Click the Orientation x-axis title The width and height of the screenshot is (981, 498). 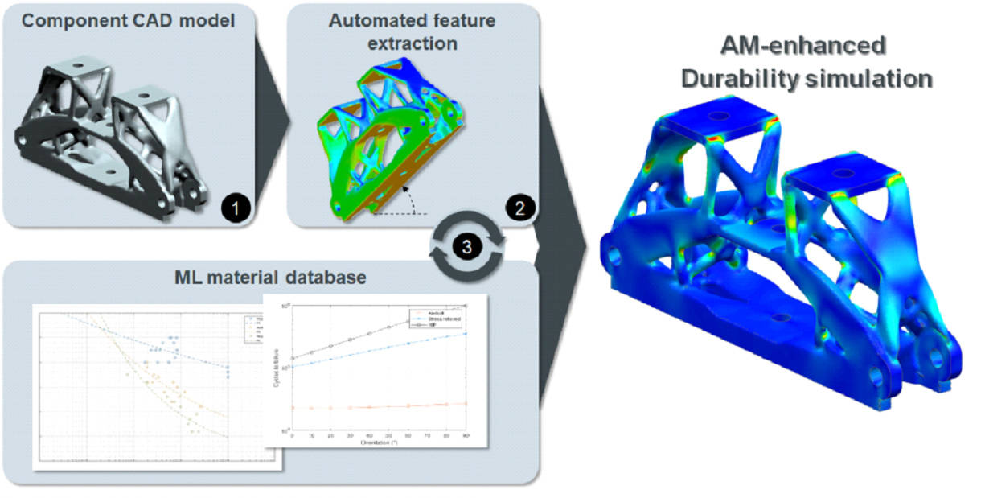[x=380, y=442]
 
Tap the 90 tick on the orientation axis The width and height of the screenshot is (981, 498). [x=466, y=435]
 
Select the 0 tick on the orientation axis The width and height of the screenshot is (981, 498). [x=292, y=435]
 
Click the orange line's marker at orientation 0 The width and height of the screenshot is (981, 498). [x=292, y=408]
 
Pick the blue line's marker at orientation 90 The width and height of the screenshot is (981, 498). [x=466, y=333]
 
